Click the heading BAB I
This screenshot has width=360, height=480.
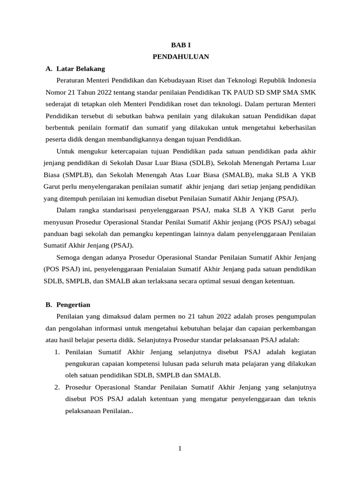[x=180, y=45]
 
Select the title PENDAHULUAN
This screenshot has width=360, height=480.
[x=180, y=57]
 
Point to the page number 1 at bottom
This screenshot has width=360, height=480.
[x=180, y=449]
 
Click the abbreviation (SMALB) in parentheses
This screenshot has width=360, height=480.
[x=235, y=175]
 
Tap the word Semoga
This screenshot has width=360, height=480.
[x=68, y=257]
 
